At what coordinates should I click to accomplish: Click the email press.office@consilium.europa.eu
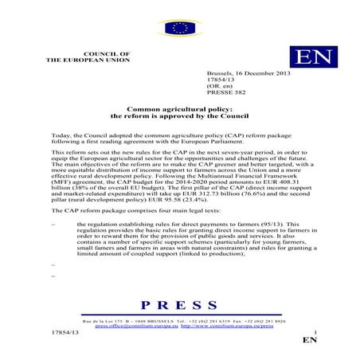(x=136, y=326)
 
